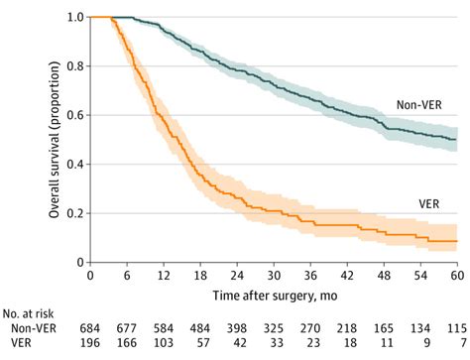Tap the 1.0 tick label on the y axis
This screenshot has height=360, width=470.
coord(75,18)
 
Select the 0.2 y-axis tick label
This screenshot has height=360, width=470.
coord(75,213)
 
